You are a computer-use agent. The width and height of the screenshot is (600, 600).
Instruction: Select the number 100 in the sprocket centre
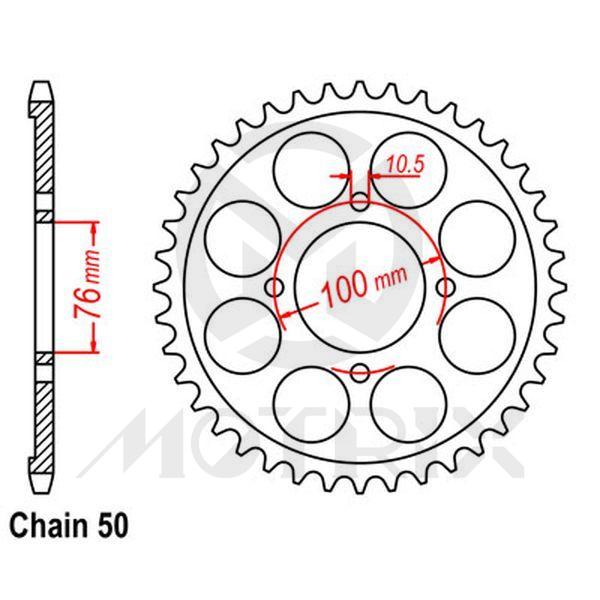(343, 288)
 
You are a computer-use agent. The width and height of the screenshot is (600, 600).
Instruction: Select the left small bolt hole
(275, 288)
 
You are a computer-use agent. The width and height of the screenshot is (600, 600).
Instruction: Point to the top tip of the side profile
(39, 82)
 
